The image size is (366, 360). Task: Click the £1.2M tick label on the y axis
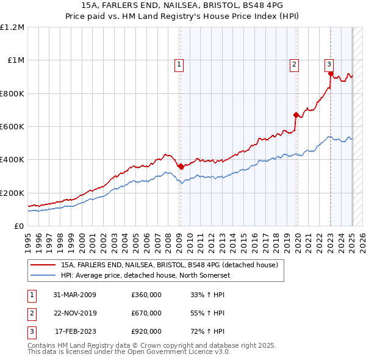pyautogui.click(x=12, y=27)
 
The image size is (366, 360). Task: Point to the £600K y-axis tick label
pyautogui.click(x=12, y=127)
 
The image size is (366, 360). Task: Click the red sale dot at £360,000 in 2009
pyautogui.click(x=181, y=166)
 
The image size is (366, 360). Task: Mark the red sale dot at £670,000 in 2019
pyautogui.click(x=296, y=115)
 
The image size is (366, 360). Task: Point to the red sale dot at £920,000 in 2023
pyautogui.click(x=331, y=74)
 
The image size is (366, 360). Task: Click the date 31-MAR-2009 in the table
pyautogui.click(x=74, y=295)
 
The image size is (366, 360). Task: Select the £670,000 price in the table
pyautogui.click(x=146, y=313)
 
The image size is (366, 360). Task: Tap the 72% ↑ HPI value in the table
pyautogui.click(x=208, y=331)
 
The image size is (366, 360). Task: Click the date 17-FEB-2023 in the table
pyautogui.click(x=75, y=331)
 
